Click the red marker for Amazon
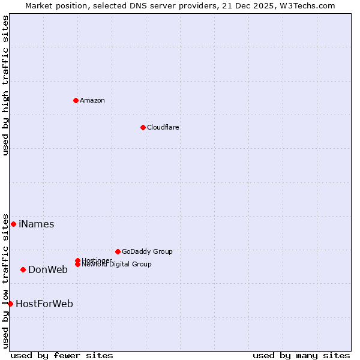[76, 100]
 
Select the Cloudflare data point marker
[143, 127]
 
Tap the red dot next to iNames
[13, 224]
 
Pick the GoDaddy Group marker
[118, 251]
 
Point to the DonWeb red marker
[23, 269]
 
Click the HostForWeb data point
[10, 304]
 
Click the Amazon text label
[92, 100]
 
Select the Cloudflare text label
[163, 127]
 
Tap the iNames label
[36, 224]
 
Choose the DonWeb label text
[48, 270]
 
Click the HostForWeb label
[44, 304]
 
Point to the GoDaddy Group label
[147, 252]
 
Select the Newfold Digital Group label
[116, 265]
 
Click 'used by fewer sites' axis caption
[62, 355]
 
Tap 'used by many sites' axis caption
[301, 355]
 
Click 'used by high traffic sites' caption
[5, 85]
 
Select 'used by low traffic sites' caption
[5, 280]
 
